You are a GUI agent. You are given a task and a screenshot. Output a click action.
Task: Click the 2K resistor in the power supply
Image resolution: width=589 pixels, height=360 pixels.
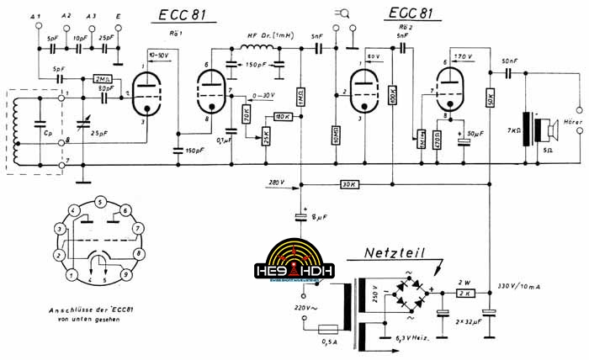pyautogui.click(x=465, y=293)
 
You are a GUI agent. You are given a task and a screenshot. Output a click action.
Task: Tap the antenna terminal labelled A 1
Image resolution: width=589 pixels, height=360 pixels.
pyautogui.click(x=34, y=17)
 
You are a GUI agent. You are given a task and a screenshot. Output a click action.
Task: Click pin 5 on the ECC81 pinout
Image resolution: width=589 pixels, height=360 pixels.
pyautogui.click(x=100, y=202)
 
